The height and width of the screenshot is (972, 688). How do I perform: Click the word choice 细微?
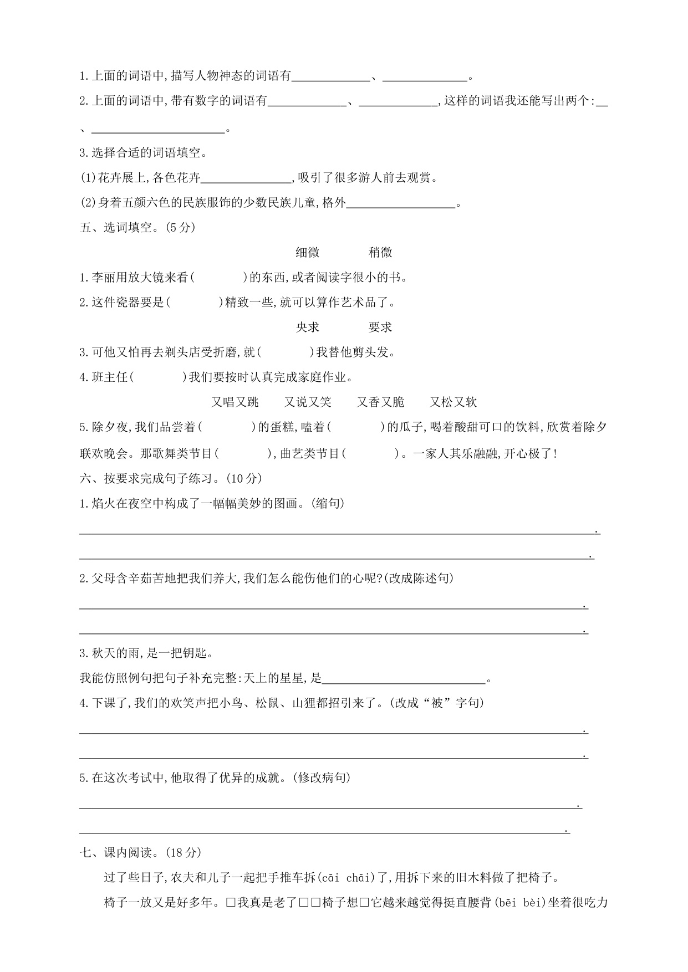tap(308, 253)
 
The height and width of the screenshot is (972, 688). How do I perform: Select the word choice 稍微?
tap(380, 253)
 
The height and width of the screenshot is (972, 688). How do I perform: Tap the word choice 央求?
tap(308, 328)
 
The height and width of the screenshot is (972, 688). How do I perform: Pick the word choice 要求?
tap(380, 328)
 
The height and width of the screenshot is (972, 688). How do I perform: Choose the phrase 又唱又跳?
tap(235, 402)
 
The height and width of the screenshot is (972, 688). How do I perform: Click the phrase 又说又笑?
tap(308, 402)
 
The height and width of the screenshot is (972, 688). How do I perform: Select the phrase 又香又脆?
tap(380, 402)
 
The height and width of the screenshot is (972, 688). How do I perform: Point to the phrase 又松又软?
tap(453, 402)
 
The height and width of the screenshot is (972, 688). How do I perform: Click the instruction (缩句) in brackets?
tap(328, 503)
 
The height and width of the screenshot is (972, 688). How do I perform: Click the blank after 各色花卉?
tap(246, 178)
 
